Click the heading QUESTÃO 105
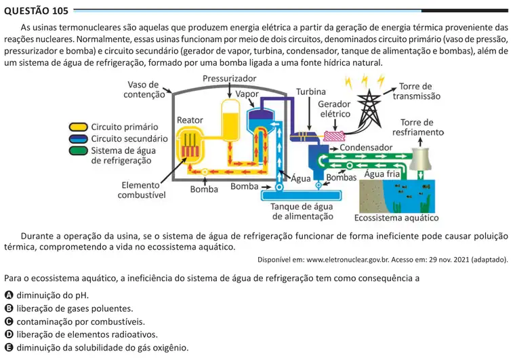click(x=36, y=11)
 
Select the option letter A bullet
click(x=9, y=295)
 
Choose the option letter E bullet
click(x=9, y=347)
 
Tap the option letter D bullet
click(x=9, y=334)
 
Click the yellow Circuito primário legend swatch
click(x=79, y=127)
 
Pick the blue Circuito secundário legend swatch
click(x=79, y=138)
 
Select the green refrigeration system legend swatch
click(x=79, y=151)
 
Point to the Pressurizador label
click(x=229, y=79)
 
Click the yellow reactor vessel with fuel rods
click(x=190, y=145)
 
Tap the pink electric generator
click(x=334, y=136)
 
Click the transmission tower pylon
click(x=369, y=108)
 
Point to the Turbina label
click(x=311, y=92)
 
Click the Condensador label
click(x=366, y=148)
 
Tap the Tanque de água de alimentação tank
click(x=301, y=195)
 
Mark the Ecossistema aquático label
click(x=396, y=218)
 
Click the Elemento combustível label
click(x=142, y=190)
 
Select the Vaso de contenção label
click(x=144, y=89)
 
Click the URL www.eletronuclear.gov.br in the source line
click(x=348, y=260)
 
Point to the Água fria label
click(x=382, y=174)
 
